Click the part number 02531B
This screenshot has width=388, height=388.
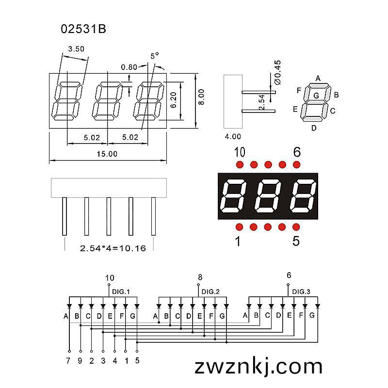pyautogui.click(x=83, y=29)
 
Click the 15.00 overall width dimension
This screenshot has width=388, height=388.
pyautogui.click(x=107, y=154)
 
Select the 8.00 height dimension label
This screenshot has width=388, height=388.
pyautogui.click(x=202, y=97)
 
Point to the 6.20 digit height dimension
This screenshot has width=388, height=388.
pyautogui.click(x=174, y=100)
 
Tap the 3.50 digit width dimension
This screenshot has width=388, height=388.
pyautogui.click(x=76, y=49)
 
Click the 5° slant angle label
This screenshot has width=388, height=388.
pyautogui.click(x=155, y=56)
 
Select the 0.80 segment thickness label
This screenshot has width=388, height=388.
pyautogui.click(x=129, y=67)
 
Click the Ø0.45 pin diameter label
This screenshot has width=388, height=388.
pyautogui.click(x=277, y=72)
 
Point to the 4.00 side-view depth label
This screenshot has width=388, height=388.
pyautogui.click(x=233, y=136)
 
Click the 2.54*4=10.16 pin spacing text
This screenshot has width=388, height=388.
pyautogui.click(x=113, y=248)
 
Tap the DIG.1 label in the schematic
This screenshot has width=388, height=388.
pyautogui.click(x=121, y=292)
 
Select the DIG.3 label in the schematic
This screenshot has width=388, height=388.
pyautogui.click(x=301, y=292)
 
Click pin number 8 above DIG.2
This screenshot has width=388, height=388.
pyautogui.click(x=200, y=277)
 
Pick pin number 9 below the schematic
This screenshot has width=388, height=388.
pyautogui.click(x=80, y=361)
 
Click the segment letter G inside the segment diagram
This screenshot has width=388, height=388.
pyautogui.click(x=316, y=96)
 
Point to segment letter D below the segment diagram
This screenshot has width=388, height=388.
pyautogui.click(x=314, y=128)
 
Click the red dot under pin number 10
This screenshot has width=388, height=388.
pyautogui.click(x=240, y=164)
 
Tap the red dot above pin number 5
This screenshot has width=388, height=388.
pyautogui.click(x=296, y=227)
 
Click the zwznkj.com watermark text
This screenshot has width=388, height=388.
pyautogui.click(x=259, y=367)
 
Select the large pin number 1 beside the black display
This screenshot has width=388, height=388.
pyautogui.click(x=238, y=241)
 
